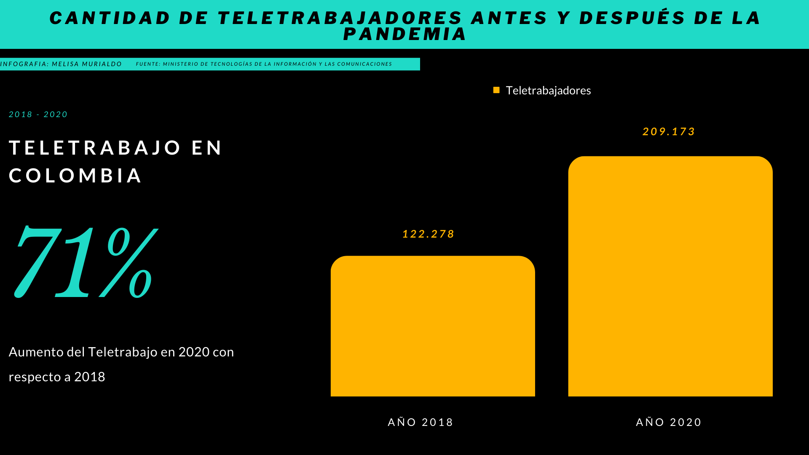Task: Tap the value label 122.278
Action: tap(428, 234)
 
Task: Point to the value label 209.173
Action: tap(668, 131)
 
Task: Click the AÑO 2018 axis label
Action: tap(420, 422)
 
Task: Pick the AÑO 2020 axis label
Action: tap(668, 422)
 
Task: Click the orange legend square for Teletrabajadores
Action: tap(496, 90)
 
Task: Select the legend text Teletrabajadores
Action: tap(548, 91)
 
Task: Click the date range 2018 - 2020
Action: tap(38, 115)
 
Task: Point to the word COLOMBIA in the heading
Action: tap(75, 176)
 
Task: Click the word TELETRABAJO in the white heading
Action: tap(95, 148)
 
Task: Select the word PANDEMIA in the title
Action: tap(404, 34)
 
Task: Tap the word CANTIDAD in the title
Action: tap(110, 18)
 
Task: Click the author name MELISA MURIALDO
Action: tap(87, 64)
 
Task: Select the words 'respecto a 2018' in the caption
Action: tap(57, 377)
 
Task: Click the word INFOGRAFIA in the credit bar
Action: tap(24, 64)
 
